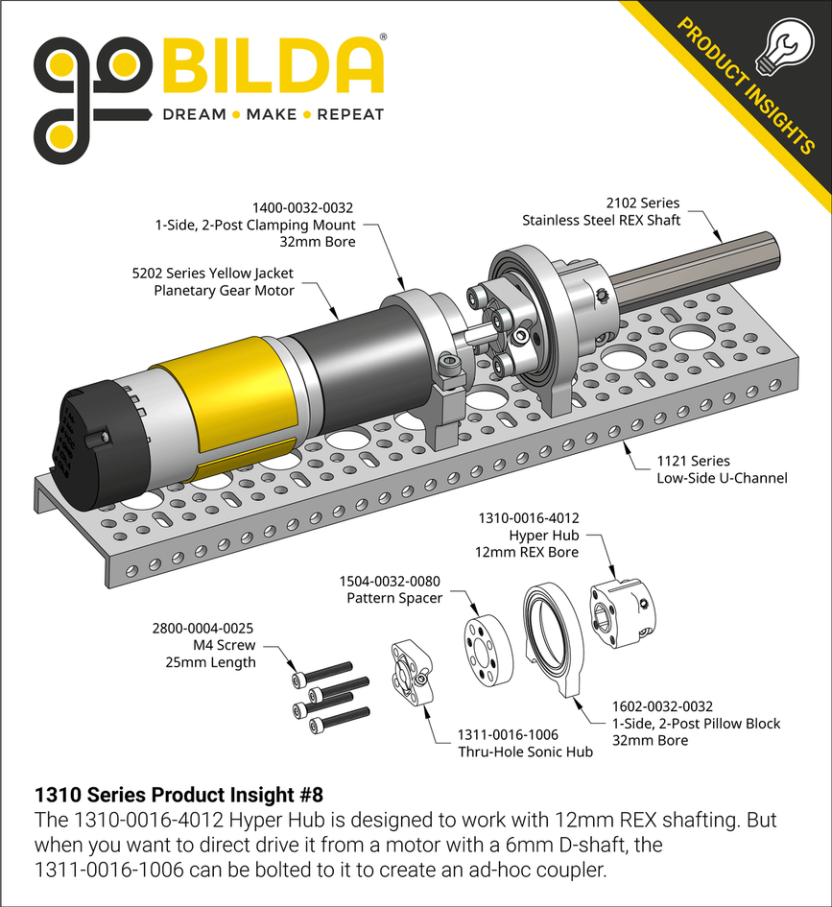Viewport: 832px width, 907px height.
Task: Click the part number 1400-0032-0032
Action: tap(303, 207)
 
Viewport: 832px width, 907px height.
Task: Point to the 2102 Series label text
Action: tap(643, 203)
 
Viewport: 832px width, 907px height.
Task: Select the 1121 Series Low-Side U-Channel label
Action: tap(708, 469)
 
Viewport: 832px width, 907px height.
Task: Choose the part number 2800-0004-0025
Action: tap(204, 629)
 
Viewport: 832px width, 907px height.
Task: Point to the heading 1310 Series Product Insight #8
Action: tap(178, 796)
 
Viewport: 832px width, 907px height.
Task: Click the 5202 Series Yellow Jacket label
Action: tap(213, 274)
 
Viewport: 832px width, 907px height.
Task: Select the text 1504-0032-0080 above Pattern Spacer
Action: tap(391, 582)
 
